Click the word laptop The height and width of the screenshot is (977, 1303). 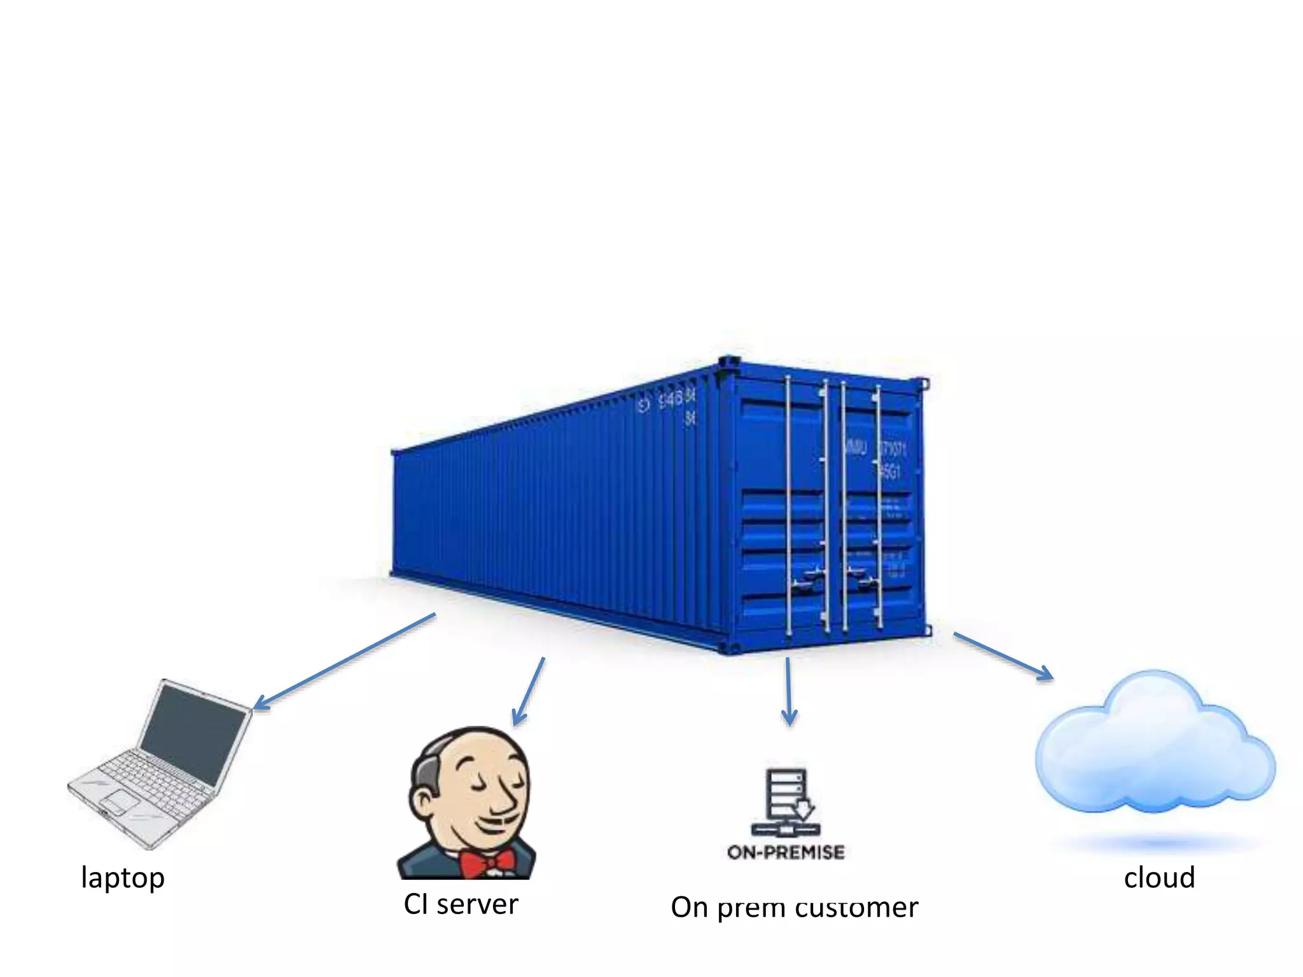tap(123, 878)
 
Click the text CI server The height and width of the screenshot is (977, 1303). tap(461, 904)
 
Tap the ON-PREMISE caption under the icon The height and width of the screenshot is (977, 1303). tap(786, 852)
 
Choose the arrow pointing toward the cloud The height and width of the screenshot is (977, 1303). tap(1003, 656)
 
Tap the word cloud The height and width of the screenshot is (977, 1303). tap(1159, 878)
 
